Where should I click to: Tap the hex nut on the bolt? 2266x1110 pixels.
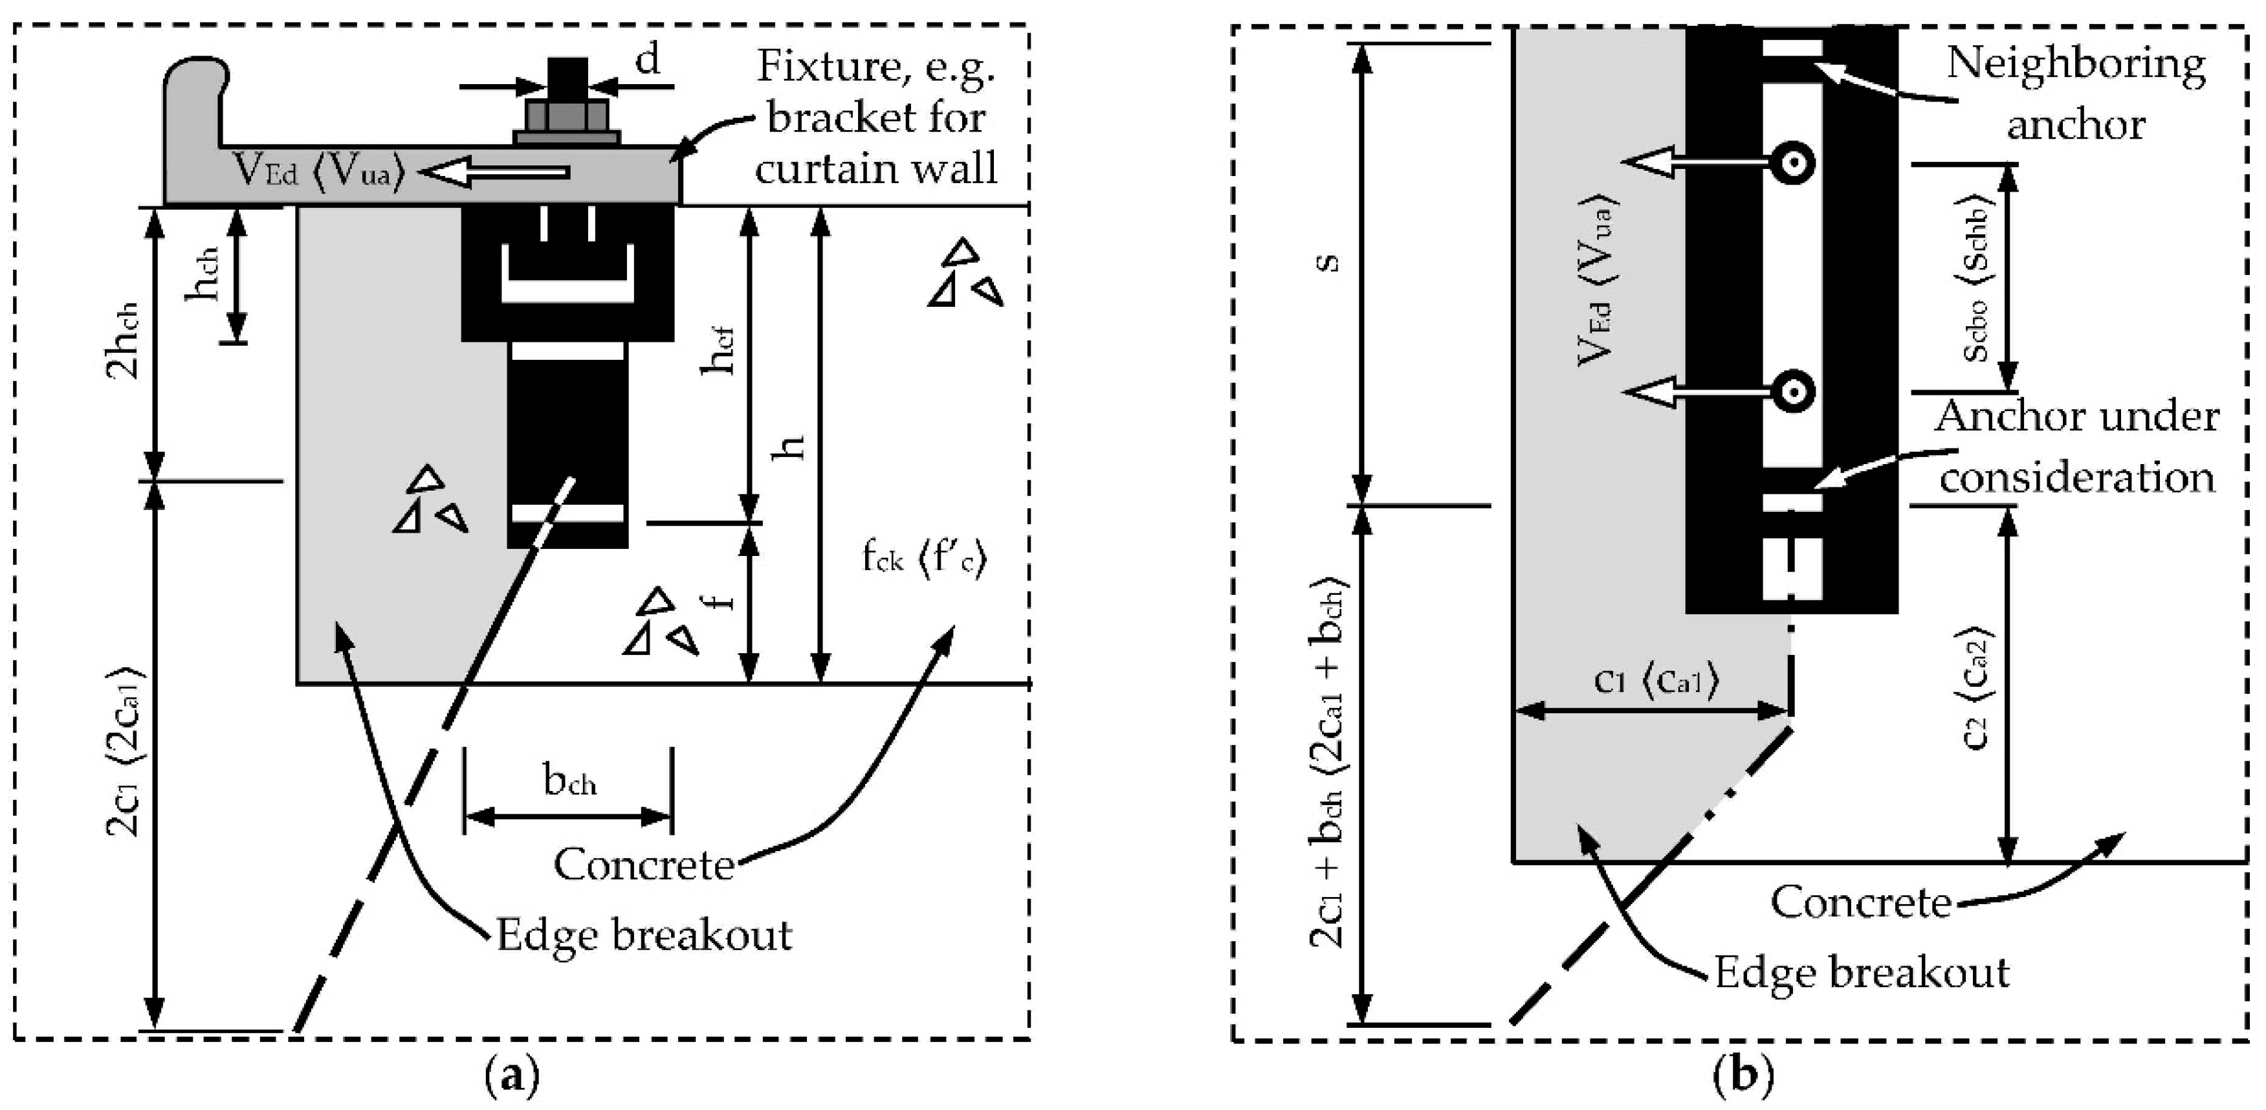[x=567, y=116]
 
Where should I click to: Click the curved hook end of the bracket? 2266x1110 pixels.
[x=197, y=83]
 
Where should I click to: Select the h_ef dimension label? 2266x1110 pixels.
[x=718, y=350]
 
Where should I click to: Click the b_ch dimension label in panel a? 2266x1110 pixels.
[x=570, y=780]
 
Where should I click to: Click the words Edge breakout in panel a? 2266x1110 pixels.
[x=644, y=935]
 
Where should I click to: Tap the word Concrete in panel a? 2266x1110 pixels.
[x=644, y=865]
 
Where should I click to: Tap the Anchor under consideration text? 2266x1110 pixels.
[x=2076, y=447]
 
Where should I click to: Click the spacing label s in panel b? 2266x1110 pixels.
[x=1330, y=262]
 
